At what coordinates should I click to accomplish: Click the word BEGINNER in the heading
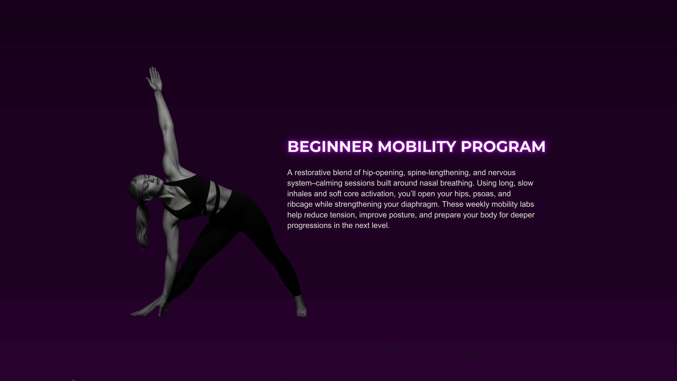coord(330,147)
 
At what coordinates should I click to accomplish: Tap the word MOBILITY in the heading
coord(417,147)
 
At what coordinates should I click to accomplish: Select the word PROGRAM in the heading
coord(503,147)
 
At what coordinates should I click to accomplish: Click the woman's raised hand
coord(154,79)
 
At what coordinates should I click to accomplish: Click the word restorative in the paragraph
coord(313,172)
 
